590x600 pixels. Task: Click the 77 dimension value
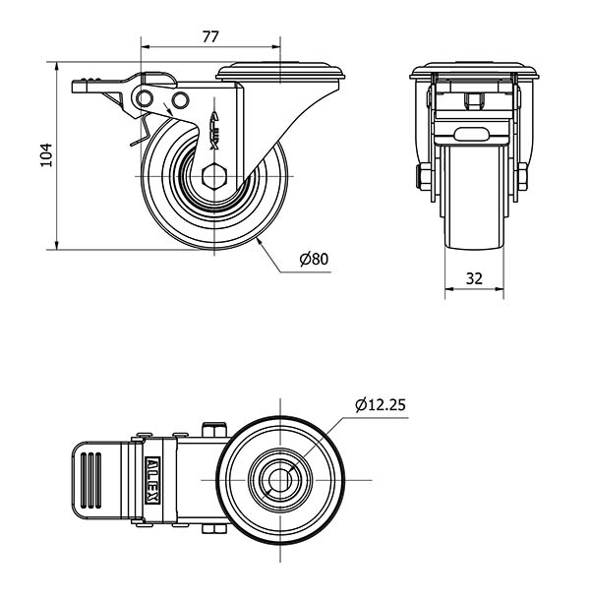210,36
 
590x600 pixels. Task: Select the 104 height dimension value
46,155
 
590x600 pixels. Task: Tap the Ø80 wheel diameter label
314,259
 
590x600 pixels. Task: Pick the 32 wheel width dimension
474,278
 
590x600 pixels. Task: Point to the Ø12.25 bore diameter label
381,404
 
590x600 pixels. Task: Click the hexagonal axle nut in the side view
214,176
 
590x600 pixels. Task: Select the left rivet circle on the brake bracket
144,99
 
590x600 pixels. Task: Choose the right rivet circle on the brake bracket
180,100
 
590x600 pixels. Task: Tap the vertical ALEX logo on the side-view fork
215,130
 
